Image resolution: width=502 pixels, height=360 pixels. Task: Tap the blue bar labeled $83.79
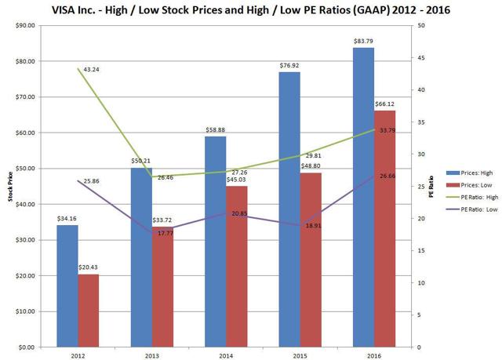tap(363, 196)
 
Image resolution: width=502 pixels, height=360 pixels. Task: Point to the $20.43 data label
tap(89, 268)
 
